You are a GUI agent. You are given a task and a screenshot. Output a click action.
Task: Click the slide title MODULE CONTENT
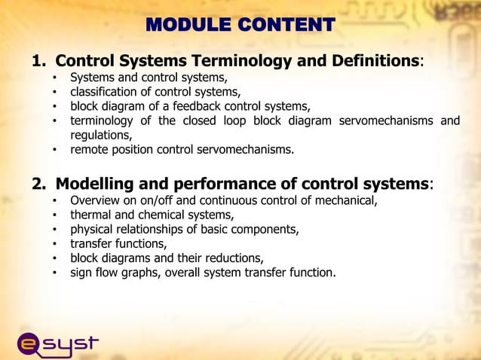pyautogui.click(x=240, y=25)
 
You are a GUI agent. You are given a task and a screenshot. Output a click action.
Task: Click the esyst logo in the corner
pyautogui.click(x=57, y=343)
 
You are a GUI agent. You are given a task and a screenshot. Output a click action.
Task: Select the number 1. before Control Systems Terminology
pyautogui.click(x=39, y=60)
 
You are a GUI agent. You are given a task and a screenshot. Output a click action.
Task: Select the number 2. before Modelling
pyautogui.click(x=39, y=185)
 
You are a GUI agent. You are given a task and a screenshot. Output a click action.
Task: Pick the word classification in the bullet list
pyautogui.click(x=105, y=92)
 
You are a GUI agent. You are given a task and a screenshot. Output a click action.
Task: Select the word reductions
pyautogui.click(x=231, y=258)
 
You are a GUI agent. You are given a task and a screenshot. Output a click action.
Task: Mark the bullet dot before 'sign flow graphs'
pyautogui.click(x=54, y=273)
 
